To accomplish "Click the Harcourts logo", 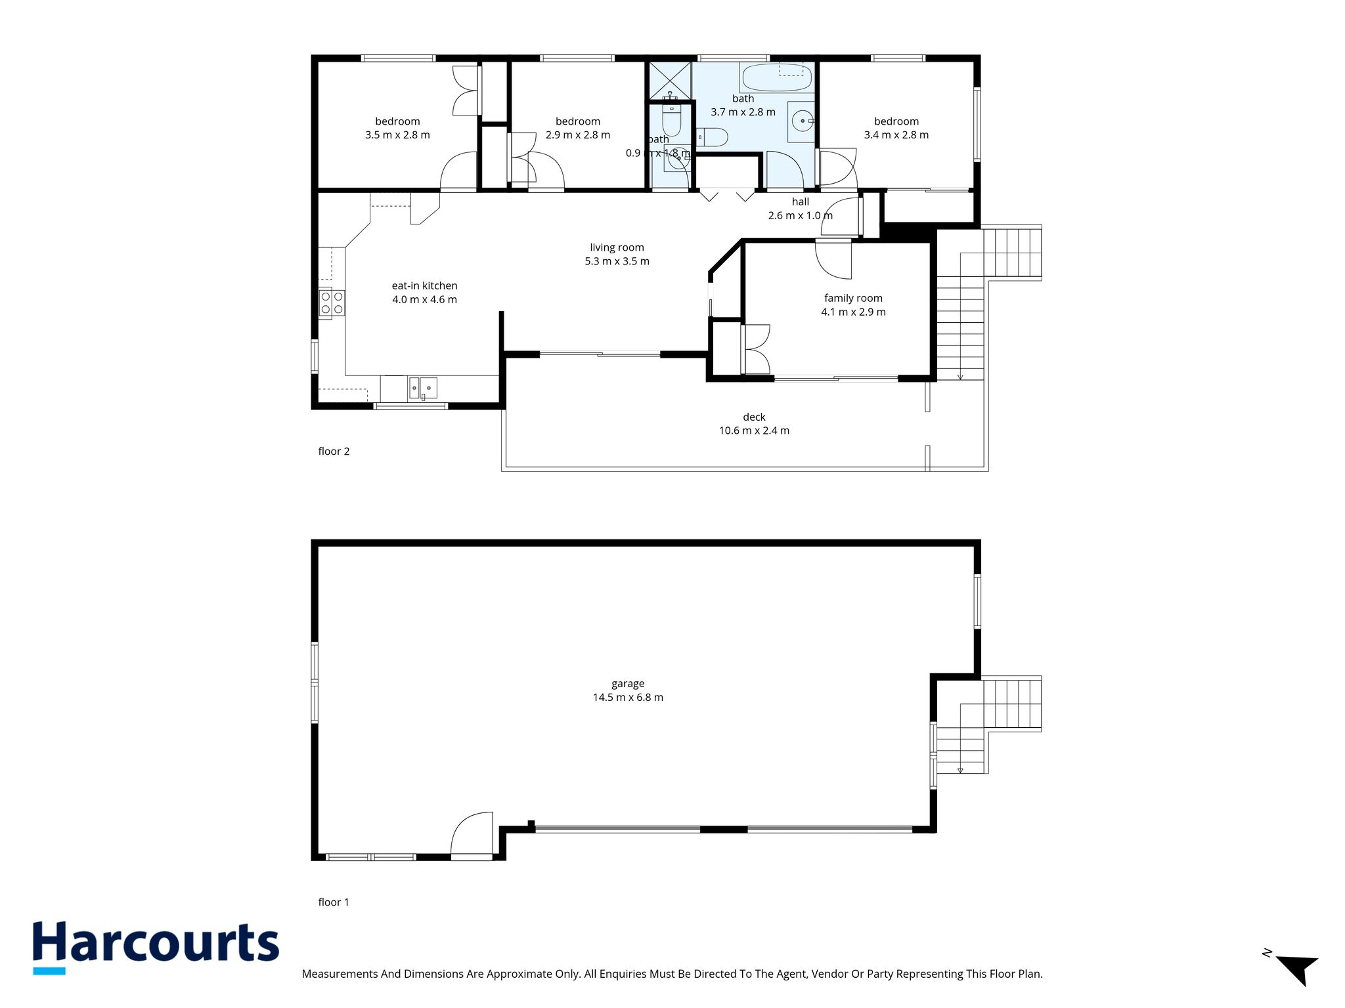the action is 156,947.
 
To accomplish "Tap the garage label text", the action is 628,684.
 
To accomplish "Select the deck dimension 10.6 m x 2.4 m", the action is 754,431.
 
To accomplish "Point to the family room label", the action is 853,299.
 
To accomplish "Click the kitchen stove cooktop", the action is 331,303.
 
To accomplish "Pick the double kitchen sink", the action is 423,388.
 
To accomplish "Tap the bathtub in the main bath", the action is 776,78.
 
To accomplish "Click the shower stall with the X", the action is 670,81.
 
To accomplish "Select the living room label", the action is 617,247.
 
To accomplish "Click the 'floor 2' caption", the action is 334,451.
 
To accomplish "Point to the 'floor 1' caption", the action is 334,902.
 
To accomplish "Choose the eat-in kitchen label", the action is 424,286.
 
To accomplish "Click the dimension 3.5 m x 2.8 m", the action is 397,135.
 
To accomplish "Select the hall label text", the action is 801,202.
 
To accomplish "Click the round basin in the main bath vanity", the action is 803,121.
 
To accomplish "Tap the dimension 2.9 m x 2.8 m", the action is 578,135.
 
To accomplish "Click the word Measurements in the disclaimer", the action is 340,974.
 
